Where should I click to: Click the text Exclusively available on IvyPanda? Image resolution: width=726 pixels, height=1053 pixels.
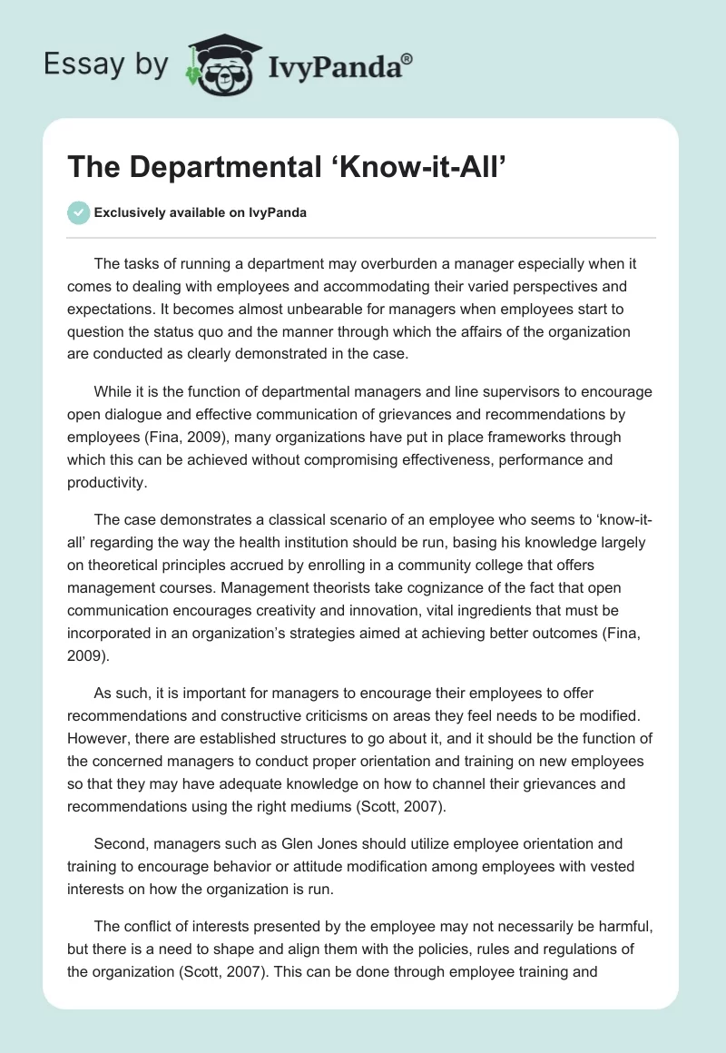[201, 212]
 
